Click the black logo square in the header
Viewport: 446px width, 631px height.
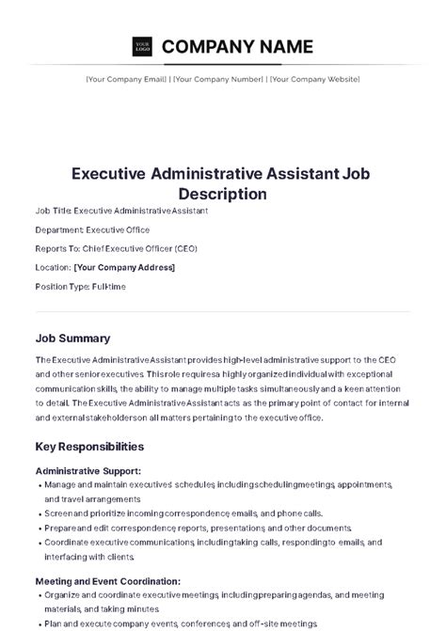(142, 45)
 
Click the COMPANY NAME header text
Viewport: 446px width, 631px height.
(237, 46)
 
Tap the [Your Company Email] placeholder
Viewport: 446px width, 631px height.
(127, 79)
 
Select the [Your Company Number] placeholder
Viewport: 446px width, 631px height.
(217, 79)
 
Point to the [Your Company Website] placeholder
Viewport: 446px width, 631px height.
(314, 79)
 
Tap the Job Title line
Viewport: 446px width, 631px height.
(121, 211)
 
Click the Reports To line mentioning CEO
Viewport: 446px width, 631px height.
(116, 248)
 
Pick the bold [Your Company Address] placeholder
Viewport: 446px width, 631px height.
(124, 267)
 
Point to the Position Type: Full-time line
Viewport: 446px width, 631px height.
(80, 286)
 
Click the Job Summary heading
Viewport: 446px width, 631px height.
(72, 338)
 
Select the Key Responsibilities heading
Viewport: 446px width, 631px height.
(89, 446)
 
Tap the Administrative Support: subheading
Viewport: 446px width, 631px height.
(88, 470)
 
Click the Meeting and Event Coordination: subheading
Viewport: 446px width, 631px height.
(107, 581)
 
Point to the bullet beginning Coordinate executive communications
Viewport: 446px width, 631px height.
(212, 543)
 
